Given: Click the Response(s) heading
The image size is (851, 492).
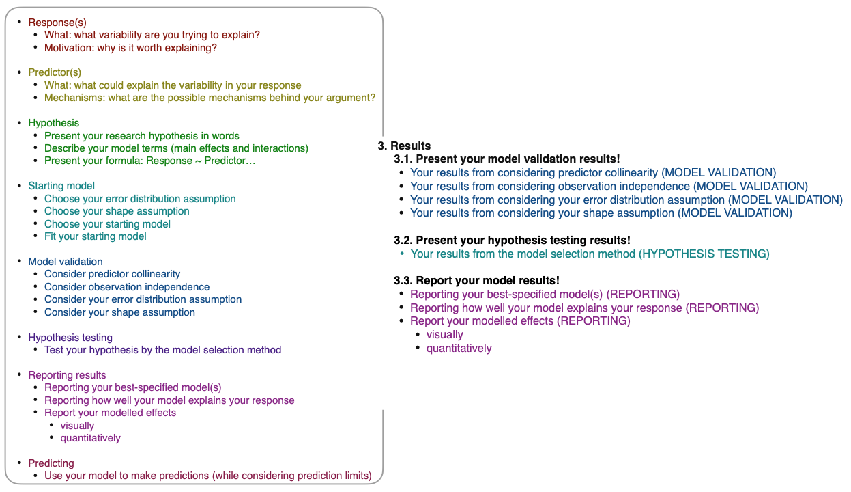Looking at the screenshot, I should point(57,23).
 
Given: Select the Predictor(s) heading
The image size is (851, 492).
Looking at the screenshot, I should point(55,72).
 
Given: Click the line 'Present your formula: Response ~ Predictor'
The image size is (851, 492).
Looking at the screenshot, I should point(149,161).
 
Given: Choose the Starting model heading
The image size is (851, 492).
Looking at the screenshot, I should point(61,186).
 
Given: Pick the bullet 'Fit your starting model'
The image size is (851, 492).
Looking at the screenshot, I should point(96,236).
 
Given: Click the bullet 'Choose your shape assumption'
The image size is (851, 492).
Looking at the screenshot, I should point(117,211).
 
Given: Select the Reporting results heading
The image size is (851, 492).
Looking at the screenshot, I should point(67,375).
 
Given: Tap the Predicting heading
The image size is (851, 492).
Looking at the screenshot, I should point(51,463).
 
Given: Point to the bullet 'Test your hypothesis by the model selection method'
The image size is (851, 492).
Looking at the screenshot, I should point(162,350).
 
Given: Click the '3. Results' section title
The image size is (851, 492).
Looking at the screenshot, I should point(404,146).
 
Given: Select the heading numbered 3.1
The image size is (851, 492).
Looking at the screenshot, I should point(507,159).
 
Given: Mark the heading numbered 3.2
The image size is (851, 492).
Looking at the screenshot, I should point(512,240).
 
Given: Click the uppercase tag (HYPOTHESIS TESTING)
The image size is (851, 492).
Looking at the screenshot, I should point(704,254).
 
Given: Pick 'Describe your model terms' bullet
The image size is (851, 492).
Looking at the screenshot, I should point(176,148).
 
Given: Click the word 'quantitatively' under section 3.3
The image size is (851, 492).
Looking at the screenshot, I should point(459,348).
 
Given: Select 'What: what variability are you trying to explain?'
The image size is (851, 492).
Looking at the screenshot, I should point(152,35).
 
